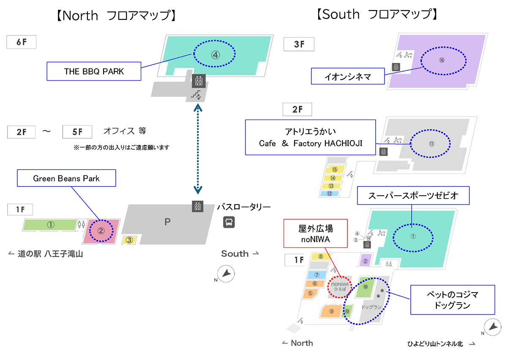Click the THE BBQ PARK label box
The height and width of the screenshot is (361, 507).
tap(94, 71)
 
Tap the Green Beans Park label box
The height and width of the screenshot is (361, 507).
tap(67, 178)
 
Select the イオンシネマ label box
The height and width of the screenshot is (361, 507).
tap(348, 77)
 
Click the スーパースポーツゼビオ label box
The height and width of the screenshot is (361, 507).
tap(407, 196)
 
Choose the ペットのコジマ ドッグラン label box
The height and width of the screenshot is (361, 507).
tap(452, 299)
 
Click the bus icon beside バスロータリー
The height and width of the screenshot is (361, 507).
tap(229, 222)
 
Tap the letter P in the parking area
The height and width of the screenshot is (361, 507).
tap(167, 222)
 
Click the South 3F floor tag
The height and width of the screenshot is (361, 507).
tap(299, 44)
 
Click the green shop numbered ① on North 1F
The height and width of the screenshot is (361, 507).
tap(51, 225)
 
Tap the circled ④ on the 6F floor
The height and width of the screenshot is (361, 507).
tap(215, 54)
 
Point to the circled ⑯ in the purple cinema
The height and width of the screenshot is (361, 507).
tap(441, 60)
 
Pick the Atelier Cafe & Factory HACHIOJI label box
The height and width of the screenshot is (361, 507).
tap(311, 137)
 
